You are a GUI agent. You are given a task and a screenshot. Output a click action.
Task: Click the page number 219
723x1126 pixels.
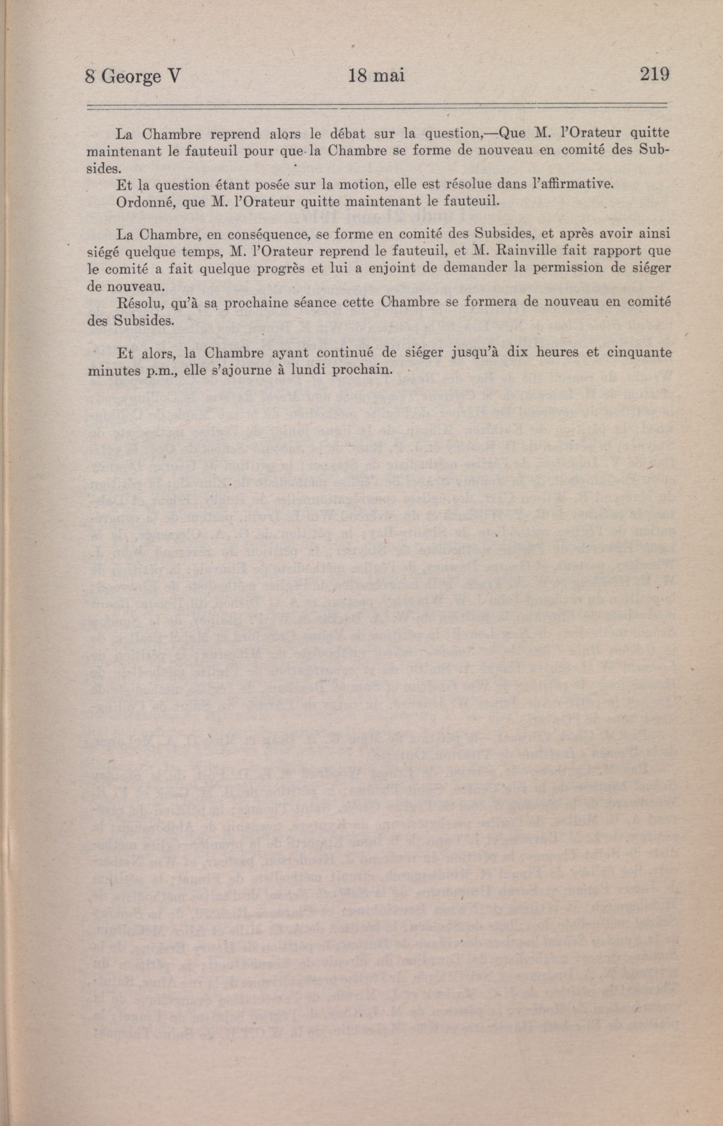[654, 75]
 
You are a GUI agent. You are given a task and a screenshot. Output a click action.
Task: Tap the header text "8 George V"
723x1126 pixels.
[133, 76]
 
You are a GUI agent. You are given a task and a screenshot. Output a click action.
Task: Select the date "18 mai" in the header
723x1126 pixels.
[376, 76]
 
